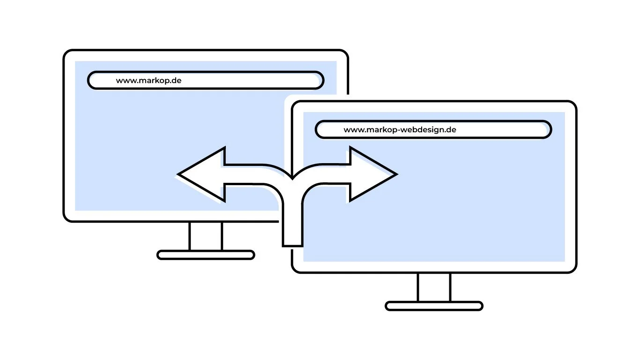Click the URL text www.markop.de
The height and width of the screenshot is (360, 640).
149,80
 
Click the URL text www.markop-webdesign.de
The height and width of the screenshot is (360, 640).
400,130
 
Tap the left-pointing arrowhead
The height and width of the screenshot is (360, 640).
201,174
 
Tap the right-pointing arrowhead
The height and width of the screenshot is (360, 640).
372,174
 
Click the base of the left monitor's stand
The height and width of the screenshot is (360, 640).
206,255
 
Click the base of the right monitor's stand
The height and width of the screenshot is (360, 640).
434,306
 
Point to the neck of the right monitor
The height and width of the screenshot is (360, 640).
434,287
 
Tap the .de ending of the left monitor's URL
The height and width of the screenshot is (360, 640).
175,80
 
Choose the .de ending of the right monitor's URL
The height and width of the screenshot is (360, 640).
450,130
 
